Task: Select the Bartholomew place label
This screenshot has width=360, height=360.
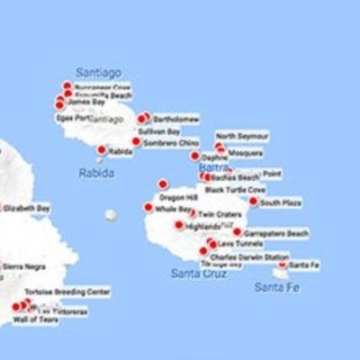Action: (x=175, y=118)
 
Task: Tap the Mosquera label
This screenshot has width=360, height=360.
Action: (x=245, y=153)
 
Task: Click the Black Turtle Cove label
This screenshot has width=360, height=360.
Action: (x=235, y=190)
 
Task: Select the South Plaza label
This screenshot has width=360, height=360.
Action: (x=280, y=202)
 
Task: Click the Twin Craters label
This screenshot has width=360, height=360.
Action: (x=220, y=214)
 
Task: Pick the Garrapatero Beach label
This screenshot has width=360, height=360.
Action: (x=276, y=233)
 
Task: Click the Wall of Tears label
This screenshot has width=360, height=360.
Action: (x=35, y=319)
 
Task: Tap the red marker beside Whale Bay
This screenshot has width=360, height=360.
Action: (x=148, y=207)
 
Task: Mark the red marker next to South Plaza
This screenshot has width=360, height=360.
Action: (x=253, y=202)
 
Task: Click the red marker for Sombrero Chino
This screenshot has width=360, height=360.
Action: (x=136, y=141)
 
